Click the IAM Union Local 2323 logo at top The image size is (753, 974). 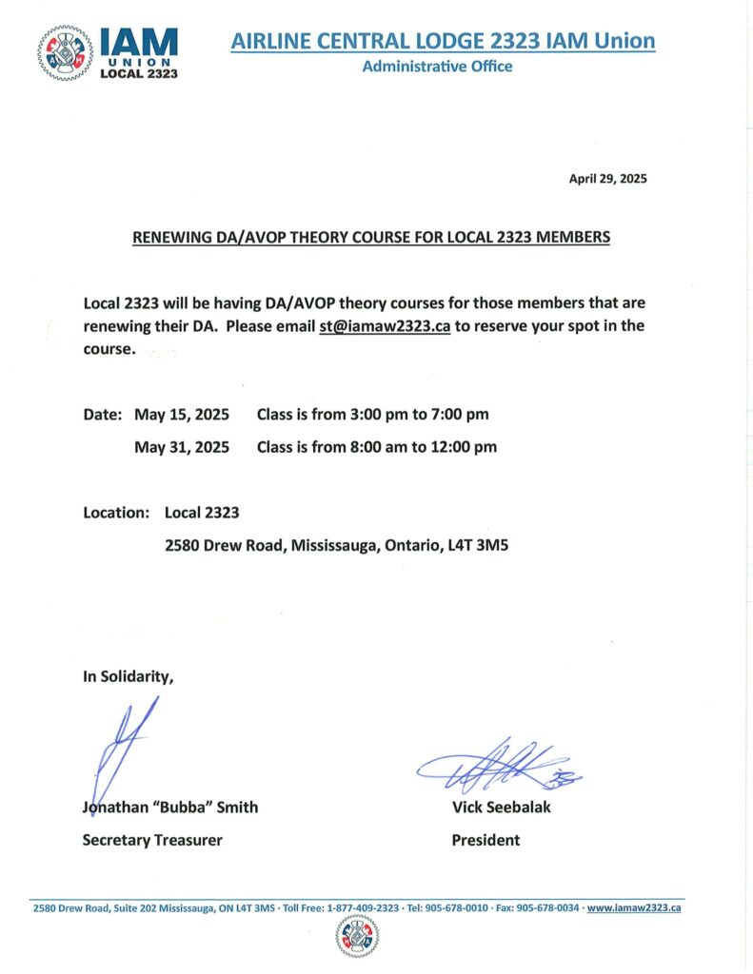click(109, 52)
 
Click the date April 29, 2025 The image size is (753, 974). click(607, 178)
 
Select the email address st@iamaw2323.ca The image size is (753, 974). click(385, 326)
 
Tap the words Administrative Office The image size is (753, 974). click(437, 67)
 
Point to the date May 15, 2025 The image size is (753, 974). click(181, 415)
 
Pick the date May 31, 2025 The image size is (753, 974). click(181, 446)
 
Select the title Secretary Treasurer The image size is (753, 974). click(152, 840)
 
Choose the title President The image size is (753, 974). click(485, 840)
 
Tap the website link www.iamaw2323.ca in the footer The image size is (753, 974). click(634, 908)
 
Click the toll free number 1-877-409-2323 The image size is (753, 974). click(363, 908)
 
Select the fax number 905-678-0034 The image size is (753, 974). click(547, 908)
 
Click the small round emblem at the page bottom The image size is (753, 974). click(357, 937)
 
